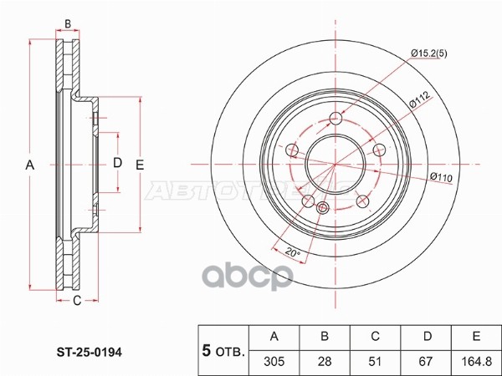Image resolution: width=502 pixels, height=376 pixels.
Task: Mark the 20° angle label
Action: point(289,251)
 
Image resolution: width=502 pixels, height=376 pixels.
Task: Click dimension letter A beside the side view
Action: point(30,165)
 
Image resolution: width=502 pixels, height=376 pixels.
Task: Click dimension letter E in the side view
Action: point(141,165)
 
